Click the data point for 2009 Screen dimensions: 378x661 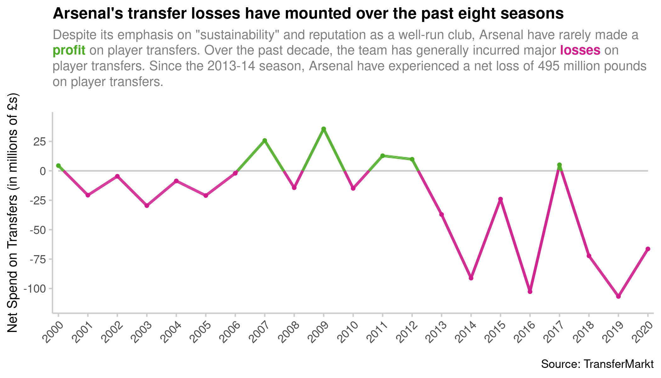coord(324,129)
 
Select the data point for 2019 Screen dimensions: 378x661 coord(618,296)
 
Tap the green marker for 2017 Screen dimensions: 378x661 coord(559,165)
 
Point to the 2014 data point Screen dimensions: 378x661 coord(471,278)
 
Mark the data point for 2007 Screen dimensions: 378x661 coord(265,140)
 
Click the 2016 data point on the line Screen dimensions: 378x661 coord(530,292)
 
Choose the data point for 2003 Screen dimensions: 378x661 coord(147,206)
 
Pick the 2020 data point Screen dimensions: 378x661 coord(648,249)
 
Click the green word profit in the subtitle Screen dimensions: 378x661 coord(69,50)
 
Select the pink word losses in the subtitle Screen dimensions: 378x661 coord(580,50)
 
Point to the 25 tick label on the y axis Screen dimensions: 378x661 coord(39,141)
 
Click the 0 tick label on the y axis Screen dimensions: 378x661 coord(43,171)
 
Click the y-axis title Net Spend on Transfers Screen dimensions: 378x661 coord(13,213)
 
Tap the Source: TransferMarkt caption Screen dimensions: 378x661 coord(597,364)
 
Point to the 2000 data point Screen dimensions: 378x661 coord(58,166)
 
